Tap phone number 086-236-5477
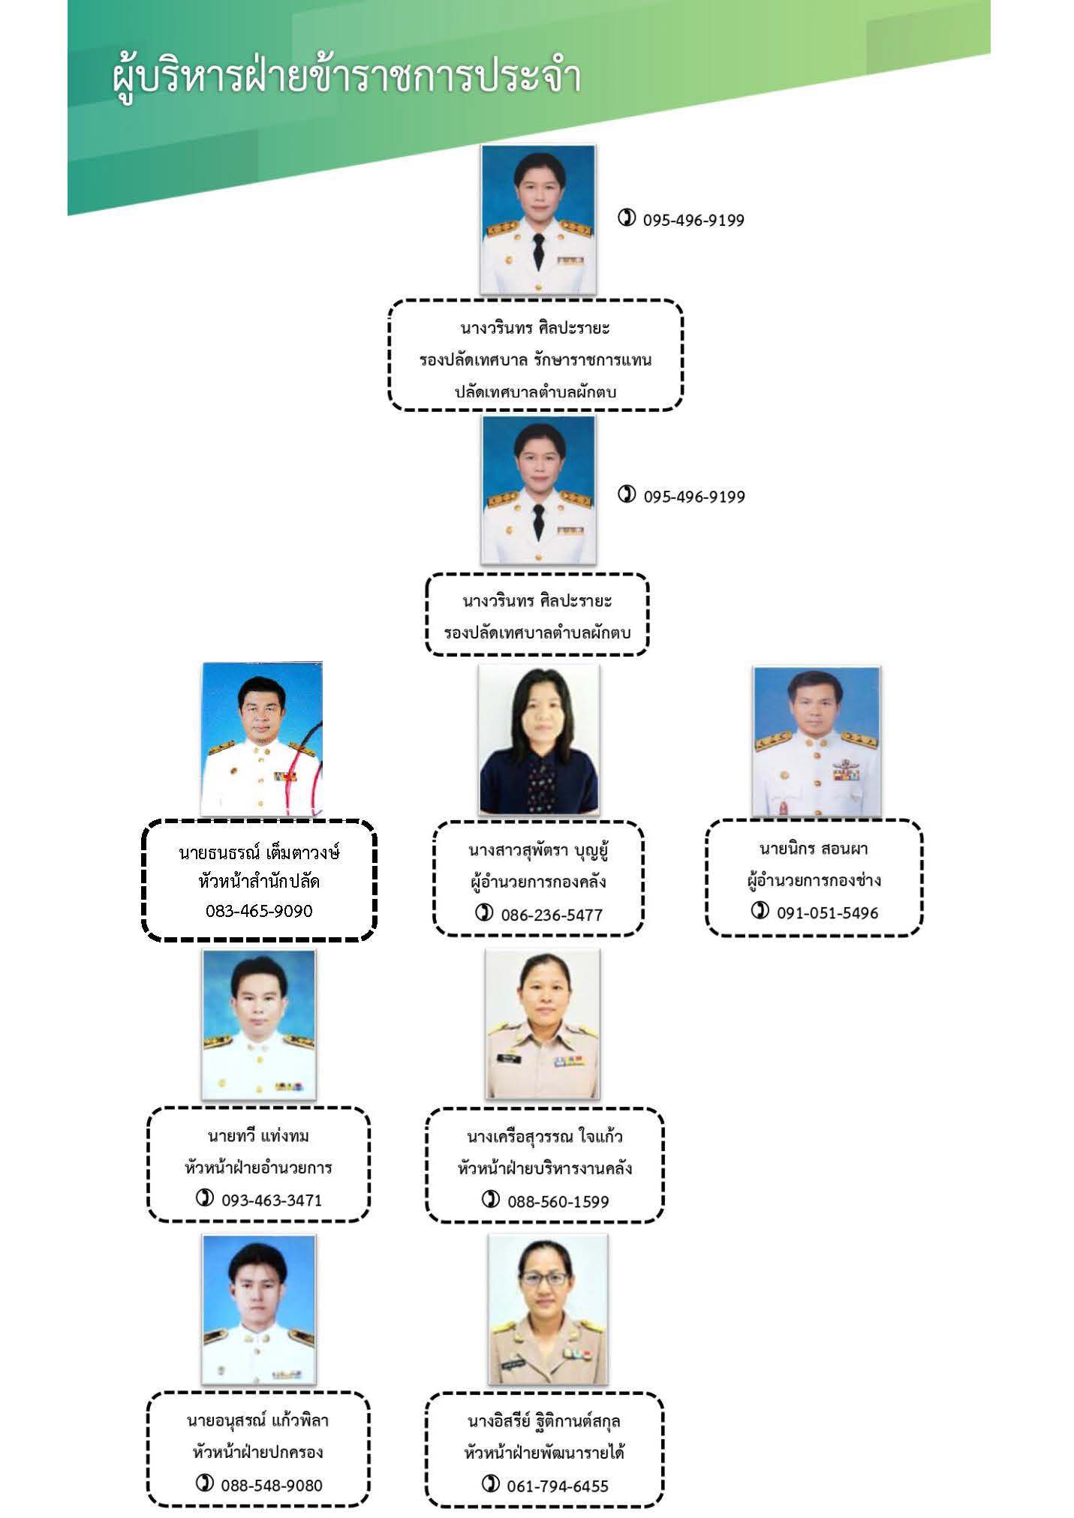(x=552, y=915)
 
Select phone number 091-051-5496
(x=827, y=912)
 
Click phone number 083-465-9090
(x=259, y=910)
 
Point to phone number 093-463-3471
(x=272, y=1200)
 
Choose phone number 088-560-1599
(x=558, y=1201)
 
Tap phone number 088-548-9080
(x=272, y=1485)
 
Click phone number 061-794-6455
(x=558, y=1486)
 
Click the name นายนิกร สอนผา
(x=814, y=849)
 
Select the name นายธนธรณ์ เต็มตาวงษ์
(x=259, y=852)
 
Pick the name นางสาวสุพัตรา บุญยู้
(x=538, y=851)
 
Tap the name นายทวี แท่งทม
(x=258, y=1136)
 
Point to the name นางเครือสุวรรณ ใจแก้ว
(x=545, y=1137)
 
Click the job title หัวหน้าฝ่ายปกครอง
(x=258, y=1452)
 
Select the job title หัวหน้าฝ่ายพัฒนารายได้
(x=545, y=1453)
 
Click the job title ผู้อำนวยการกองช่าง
(x=814, y=880)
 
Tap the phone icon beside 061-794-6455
(x=491, y=1483)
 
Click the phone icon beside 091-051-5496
(x=760, y=910)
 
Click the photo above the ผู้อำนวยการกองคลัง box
(x=539, y=740)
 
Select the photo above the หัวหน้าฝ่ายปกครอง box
(x=259, y=1309)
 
